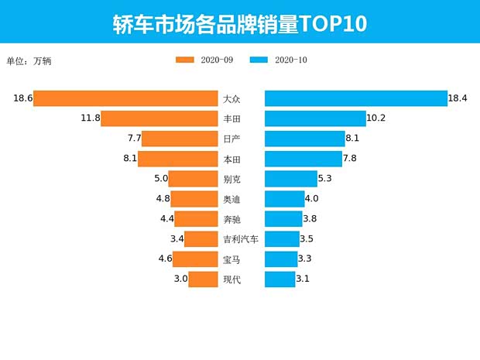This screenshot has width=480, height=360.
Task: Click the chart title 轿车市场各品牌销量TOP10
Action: pos(239,23)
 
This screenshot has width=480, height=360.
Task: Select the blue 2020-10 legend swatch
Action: pos(259,60)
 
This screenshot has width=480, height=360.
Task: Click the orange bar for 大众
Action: pos(125,98)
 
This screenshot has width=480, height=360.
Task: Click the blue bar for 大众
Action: pos(356,98)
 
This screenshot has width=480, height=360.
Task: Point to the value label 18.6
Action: pos(22,98)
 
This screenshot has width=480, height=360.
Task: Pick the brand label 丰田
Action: pos(231,118)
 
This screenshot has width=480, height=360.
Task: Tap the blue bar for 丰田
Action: pos(315,118)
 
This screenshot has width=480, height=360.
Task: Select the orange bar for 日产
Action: pos(179,139)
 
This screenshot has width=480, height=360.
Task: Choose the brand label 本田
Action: pos(231,159)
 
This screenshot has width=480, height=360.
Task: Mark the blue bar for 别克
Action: pos(291,179)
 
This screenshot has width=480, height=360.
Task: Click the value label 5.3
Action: pos(325,179)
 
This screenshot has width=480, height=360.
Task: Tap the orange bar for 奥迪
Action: pos(194,199)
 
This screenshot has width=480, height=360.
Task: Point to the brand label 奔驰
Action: pos(231,219)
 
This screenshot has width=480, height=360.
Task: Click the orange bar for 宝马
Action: pos(195,259)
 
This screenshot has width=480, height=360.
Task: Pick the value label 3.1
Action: pos(303,279)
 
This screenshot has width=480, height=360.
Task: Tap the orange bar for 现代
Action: pos(203,279)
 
